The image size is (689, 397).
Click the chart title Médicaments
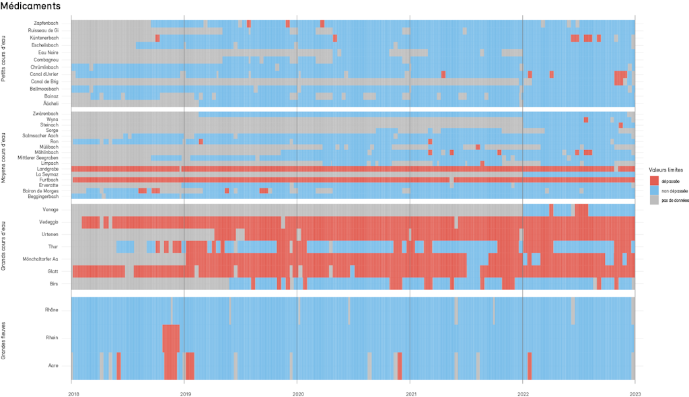click(x=31, y=6)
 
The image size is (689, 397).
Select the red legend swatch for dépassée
click(x=655, y=181)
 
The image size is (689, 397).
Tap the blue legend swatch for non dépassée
click(x=655, y=190)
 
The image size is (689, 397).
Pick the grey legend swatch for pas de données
click(x=655, y=200)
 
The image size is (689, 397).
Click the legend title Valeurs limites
click(x=665, y=170)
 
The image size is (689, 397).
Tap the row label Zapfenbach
click(x=46, y=24)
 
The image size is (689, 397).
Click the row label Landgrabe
click(x=46, y=169)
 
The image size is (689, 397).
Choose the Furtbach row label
click(x=48, y=180)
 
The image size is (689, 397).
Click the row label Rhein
click(x=52, y=338)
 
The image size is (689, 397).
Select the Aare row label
click(x=53, y=365)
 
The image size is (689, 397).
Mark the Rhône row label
click(x=51, y=310)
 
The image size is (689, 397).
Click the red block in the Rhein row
click(x=171, y=338)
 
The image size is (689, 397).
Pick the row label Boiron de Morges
click(x=40, y=191)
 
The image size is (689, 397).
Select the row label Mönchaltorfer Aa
click(x=40, y=259)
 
